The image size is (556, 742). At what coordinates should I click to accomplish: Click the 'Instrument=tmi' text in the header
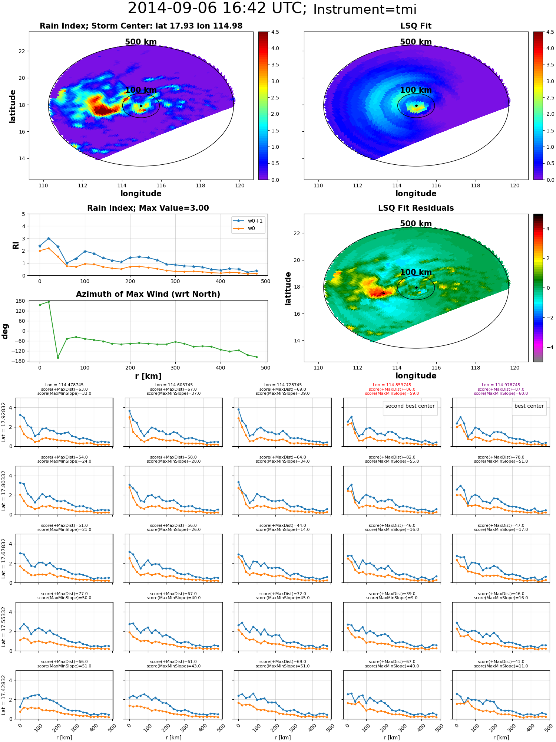(x=365, y=9)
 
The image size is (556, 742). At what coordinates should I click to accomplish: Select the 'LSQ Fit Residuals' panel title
(x=416, y=208)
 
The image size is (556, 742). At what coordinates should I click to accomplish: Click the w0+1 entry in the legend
(x=248, y=221)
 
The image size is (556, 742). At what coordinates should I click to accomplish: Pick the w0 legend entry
(x=244, y=229)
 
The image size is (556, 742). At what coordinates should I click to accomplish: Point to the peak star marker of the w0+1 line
(x=49, y=239)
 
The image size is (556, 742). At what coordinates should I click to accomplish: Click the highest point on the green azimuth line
(x=49, y=302)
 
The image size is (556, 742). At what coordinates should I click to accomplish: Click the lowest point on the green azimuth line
(x=58, y=358)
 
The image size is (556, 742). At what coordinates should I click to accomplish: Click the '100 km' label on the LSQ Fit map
(x=416, y=90)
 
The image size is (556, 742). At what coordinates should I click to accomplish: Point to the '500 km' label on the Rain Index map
(x=141, y=42)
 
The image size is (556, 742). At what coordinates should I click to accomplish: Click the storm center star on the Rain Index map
(x=141, y=106)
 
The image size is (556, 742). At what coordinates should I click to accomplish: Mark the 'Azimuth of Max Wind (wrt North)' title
(x=148, y=294)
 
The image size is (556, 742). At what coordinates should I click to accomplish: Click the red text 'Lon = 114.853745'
(x=392, y=385)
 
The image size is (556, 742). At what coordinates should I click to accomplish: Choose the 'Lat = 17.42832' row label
(x=4, y=695)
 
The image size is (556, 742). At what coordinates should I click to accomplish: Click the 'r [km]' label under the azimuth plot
(x=148, y=376)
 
